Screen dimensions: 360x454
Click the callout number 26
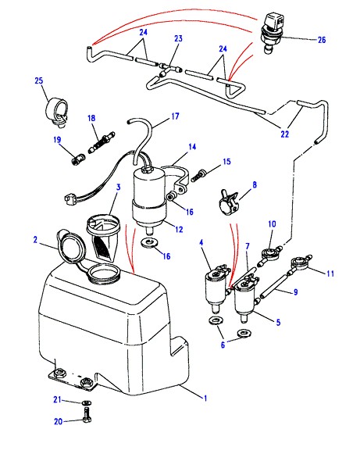tap(322, 40)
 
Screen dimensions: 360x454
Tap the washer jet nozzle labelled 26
tap(272, 32)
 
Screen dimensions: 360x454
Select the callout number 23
tap(178, 38)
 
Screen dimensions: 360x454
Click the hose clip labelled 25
tap(57, 112)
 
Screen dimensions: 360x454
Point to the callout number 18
tap(91, 118)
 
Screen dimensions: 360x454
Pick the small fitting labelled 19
tap(78, 159)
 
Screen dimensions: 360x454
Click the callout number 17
tap(176, 116)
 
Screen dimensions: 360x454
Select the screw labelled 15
tap(199, 176)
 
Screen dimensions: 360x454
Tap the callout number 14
tap(192, 147)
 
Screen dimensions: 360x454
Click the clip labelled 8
tap(229, 202)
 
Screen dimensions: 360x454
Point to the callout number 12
tap(179, 229)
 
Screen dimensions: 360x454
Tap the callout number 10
tap(272, 223)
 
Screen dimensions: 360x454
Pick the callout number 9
tap(295, 292)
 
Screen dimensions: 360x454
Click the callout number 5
tap(278, 322)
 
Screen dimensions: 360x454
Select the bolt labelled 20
tap(87, 415)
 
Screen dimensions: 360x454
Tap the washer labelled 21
tap(86, 402)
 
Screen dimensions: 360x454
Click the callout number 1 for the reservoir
tap(205, 398)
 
